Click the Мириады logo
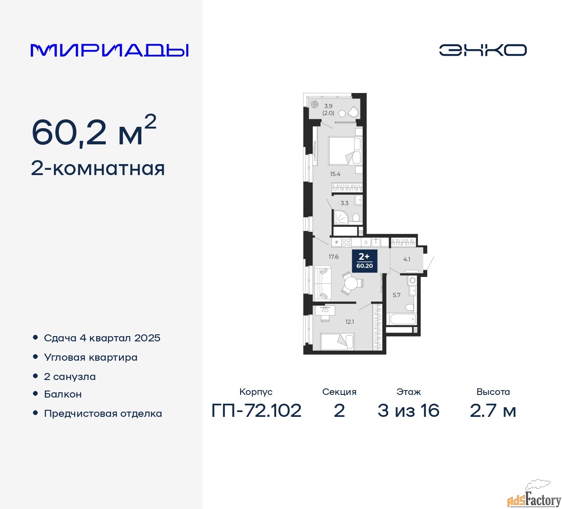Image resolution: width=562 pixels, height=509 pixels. pyautogui.click(x=109, y=50)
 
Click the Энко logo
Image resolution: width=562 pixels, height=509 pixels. pyautogui.click(x=483, y=50)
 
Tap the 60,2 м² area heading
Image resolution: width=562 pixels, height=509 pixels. pyautogui.click(x=94, y=131)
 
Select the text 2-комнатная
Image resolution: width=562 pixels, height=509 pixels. pyautogui.click(x=98, y=168)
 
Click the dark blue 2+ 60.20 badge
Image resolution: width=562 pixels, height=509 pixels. pyautogui.click(x=364, y=261)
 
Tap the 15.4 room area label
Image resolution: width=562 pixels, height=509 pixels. pyautogui.click(x=335, y=174)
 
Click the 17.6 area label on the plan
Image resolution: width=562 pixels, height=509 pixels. pyautogui.click(x=333, y=256)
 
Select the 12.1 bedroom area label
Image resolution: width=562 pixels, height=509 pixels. pyautogui.click(x=349, y=322)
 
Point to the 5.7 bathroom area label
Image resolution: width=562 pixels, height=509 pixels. pyautogui.click(x=396, y=295)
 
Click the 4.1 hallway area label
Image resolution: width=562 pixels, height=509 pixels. pyautogui.click(x=407, y=259)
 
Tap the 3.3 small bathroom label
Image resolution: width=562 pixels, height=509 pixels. pyautogui.click(x=344, y=203)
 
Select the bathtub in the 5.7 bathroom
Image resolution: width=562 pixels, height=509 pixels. pyautogui.click(x=401, y=319)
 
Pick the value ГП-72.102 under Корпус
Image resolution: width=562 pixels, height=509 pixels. pyautogui.click(x=256, y=411)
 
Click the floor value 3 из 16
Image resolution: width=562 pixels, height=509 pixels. pyautogui.click(x=408, y=411)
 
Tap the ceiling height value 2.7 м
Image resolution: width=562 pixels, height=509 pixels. pyautogui.click(x=493, y=411)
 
